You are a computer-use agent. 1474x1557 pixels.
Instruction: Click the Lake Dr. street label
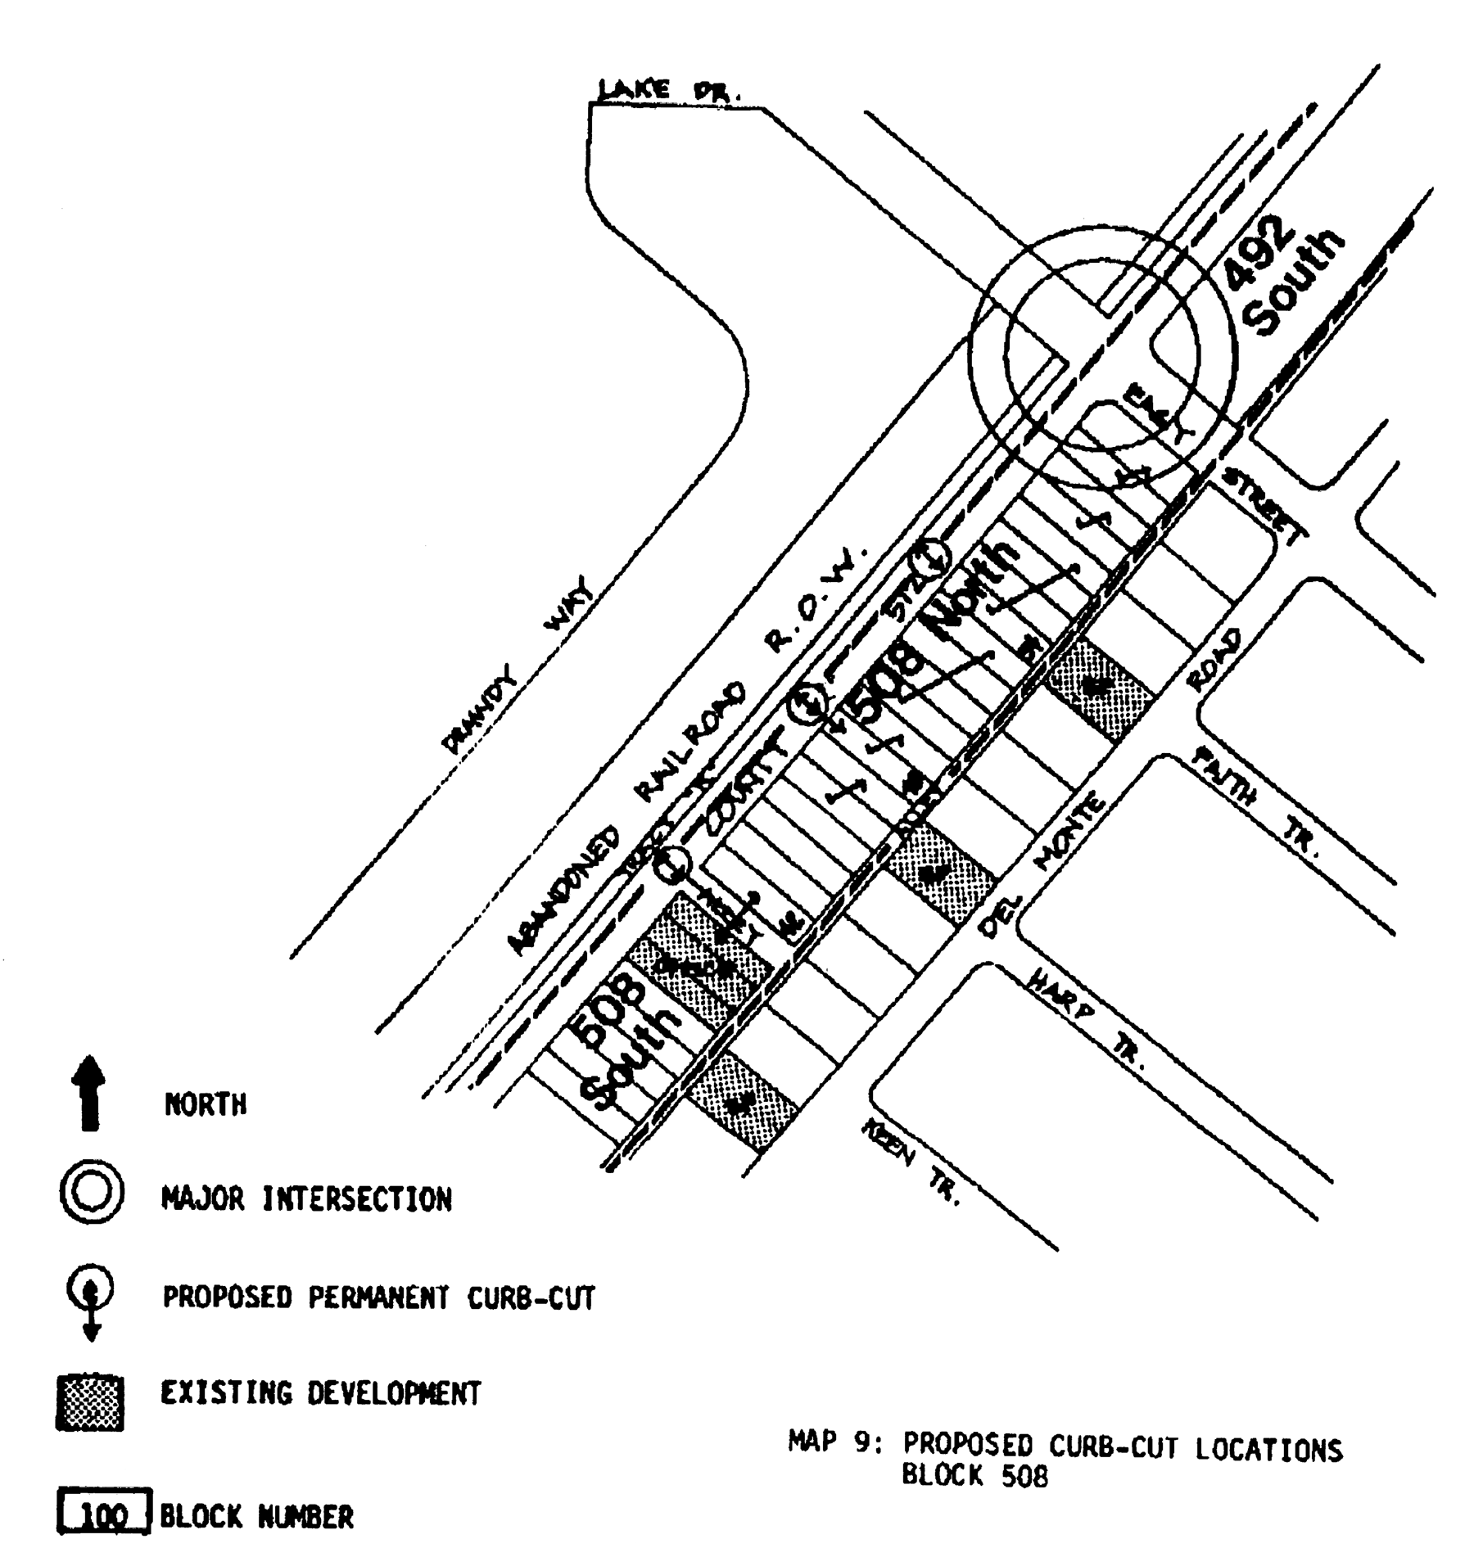668,91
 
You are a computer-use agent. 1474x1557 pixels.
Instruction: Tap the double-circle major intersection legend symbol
92,1194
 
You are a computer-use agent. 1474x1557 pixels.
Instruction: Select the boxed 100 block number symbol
104,1515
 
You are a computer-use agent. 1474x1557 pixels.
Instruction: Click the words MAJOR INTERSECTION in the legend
306,1199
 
